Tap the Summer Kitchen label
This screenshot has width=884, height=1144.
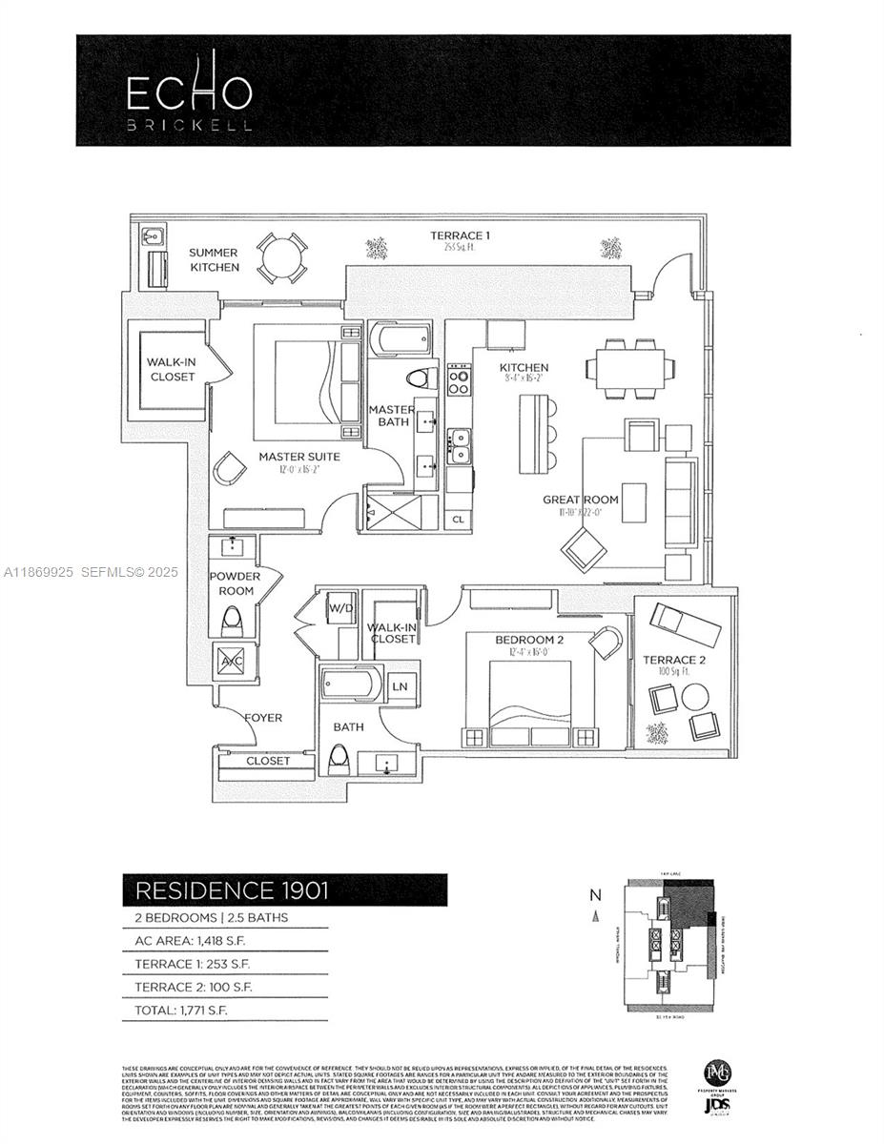point(214,260)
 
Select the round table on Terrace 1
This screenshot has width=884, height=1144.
point(282,256)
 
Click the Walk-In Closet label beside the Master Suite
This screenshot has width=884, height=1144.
point(171,370)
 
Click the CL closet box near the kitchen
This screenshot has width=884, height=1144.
point(458,520)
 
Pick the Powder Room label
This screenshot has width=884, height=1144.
point(232,583)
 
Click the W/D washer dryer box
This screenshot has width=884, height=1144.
point(339,608)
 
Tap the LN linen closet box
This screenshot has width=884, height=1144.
point(401,685)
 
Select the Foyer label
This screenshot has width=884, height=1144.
point(262,718)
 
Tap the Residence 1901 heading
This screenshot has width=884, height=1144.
point(232,890)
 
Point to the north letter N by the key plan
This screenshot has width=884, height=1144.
point(595,895)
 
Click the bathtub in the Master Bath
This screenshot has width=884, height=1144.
point(400,340)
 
